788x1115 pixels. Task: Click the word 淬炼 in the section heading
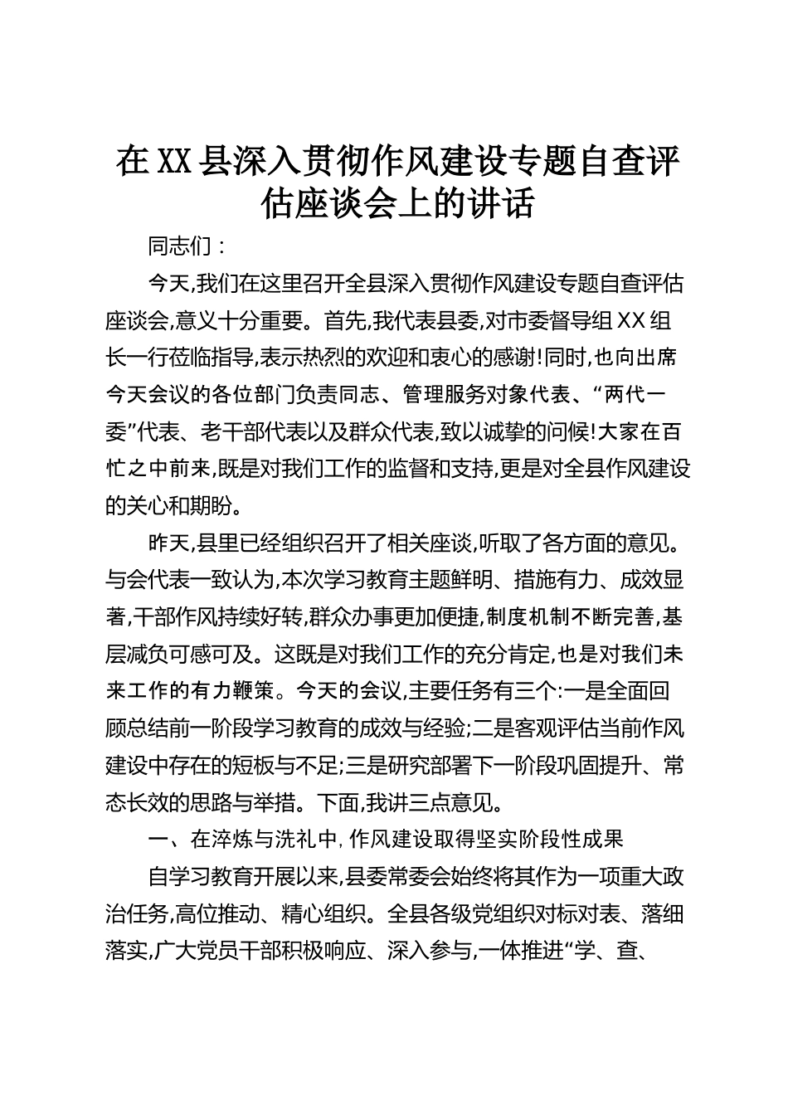point(232,840)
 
